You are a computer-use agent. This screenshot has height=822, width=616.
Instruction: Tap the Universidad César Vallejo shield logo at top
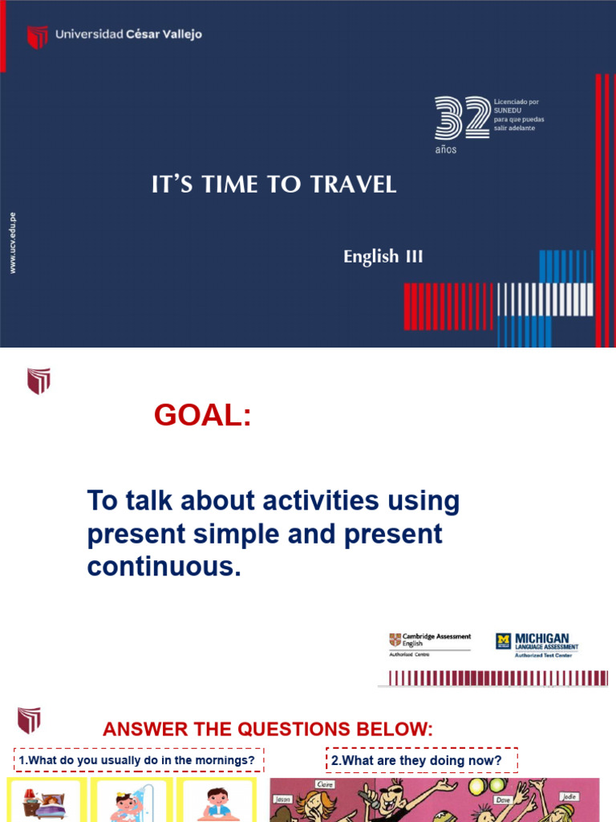37,36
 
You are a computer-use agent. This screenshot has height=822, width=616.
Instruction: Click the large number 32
461,118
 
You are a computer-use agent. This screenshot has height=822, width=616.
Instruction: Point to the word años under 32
445,150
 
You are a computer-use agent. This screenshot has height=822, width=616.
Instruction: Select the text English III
383,257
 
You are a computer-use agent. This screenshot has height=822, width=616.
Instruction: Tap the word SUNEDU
509,110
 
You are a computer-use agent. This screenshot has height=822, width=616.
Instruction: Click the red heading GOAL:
202,415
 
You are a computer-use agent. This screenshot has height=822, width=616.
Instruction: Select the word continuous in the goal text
163,567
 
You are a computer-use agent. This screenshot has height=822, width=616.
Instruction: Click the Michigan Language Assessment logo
537,643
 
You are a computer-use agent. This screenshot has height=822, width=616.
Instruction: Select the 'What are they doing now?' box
422,760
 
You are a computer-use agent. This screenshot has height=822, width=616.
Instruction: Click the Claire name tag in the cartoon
325,784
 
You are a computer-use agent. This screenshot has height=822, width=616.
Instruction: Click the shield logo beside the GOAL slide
38,380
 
